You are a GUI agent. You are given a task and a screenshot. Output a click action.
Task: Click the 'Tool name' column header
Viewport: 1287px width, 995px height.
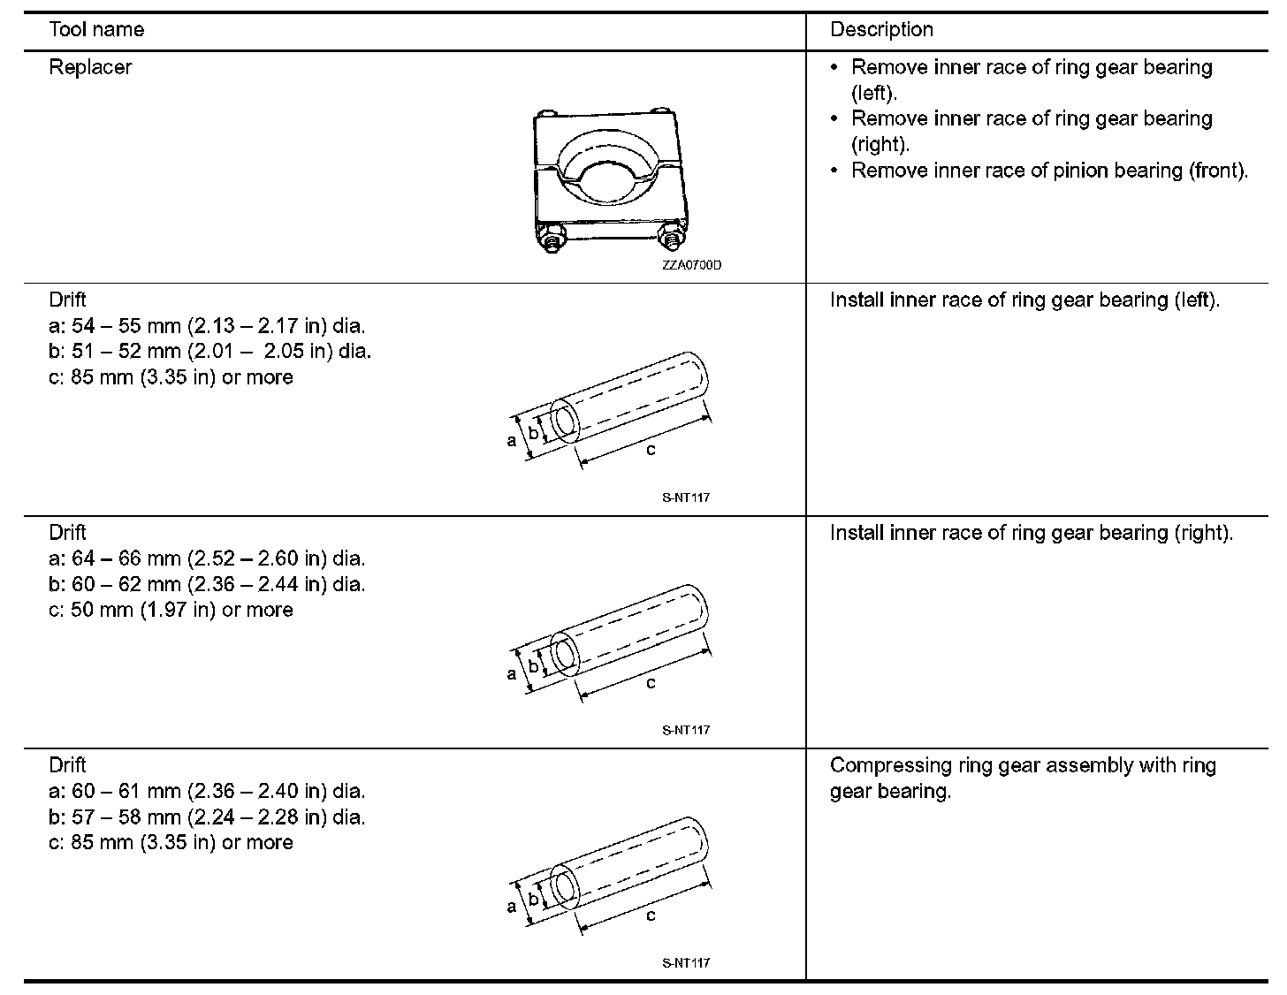pos(96,29)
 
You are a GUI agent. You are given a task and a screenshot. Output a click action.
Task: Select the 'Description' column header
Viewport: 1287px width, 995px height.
pos(881,29)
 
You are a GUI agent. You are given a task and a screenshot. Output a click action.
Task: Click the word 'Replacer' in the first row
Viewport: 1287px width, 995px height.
pos(90,67)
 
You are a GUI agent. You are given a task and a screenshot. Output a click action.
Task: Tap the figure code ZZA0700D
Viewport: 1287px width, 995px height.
pos(691,265)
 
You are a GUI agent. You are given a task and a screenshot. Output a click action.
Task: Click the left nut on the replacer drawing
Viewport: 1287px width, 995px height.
pos(552,239)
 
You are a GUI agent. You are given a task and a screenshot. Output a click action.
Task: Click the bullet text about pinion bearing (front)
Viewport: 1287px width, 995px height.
pos(1049,170)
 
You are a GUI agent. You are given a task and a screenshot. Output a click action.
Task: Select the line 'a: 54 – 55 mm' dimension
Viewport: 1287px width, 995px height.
pos(207,325)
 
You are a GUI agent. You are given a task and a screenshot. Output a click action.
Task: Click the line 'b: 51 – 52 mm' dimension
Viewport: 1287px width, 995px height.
pos(210,351)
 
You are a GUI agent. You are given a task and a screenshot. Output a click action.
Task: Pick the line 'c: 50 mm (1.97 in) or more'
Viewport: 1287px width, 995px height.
pos(171,610)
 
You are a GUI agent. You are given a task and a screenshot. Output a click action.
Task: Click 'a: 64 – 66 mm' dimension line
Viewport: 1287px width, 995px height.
pos(207,558)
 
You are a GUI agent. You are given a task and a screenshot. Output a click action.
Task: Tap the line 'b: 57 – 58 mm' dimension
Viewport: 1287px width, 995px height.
pos(207,817)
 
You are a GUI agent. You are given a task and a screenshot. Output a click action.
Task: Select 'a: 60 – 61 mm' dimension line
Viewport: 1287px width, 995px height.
pos(207,791)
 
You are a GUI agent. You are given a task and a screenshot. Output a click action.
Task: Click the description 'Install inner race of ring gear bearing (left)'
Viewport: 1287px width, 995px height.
pos(1024,300)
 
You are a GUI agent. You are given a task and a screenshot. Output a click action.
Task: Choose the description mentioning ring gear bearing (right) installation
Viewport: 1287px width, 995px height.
pos(1031,533)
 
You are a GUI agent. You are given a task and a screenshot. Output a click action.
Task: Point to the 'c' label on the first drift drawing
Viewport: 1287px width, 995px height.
pos(651,450)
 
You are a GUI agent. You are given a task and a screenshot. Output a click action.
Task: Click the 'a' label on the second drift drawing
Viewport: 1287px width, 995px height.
pos(512,673)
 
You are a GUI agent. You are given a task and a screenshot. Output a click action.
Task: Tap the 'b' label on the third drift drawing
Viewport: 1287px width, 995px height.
pos(534,899)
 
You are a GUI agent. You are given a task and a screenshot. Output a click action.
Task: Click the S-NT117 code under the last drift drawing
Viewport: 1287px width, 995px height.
pos(686,962)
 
